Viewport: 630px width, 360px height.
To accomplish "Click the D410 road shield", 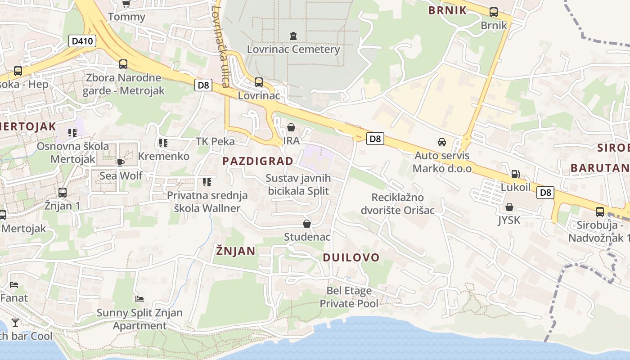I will (x=82, y=41).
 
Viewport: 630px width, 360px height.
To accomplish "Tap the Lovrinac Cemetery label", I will (x=293, y=49).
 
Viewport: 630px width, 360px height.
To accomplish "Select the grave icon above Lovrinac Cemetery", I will (x=293, y=35).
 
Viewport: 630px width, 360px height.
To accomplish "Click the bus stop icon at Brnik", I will (x=494, y=12).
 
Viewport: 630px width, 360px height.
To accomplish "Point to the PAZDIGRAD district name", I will (x=258, y=161).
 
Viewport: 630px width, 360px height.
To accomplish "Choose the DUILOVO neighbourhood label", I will (x=351, y=257).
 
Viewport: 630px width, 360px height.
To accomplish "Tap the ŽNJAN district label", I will (x=235, y=251).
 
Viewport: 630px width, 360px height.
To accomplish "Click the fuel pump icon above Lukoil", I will (x=515, y=174).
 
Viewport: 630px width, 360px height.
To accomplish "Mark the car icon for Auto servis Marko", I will (x=442, y=142).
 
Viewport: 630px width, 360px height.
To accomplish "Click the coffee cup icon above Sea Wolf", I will (x=121, y=162).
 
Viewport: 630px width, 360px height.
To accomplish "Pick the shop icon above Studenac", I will (x=307, y=224).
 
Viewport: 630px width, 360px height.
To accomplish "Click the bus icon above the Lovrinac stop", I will (x=259, y=82).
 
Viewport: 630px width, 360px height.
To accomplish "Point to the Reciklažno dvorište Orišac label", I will (x=397, y=203).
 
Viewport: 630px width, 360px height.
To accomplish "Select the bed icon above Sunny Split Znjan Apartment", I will (x=139, y=299).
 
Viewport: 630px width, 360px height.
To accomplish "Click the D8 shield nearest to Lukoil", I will (x=545, y=193).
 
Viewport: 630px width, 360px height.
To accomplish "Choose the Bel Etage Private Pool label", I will (x=349, y=297).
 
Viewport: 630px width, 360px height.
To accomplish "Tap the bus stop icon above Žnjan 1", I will (x=63, y=193).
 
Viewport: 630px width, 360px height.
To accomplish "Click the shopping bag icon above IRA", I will (x=291, y=127).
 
